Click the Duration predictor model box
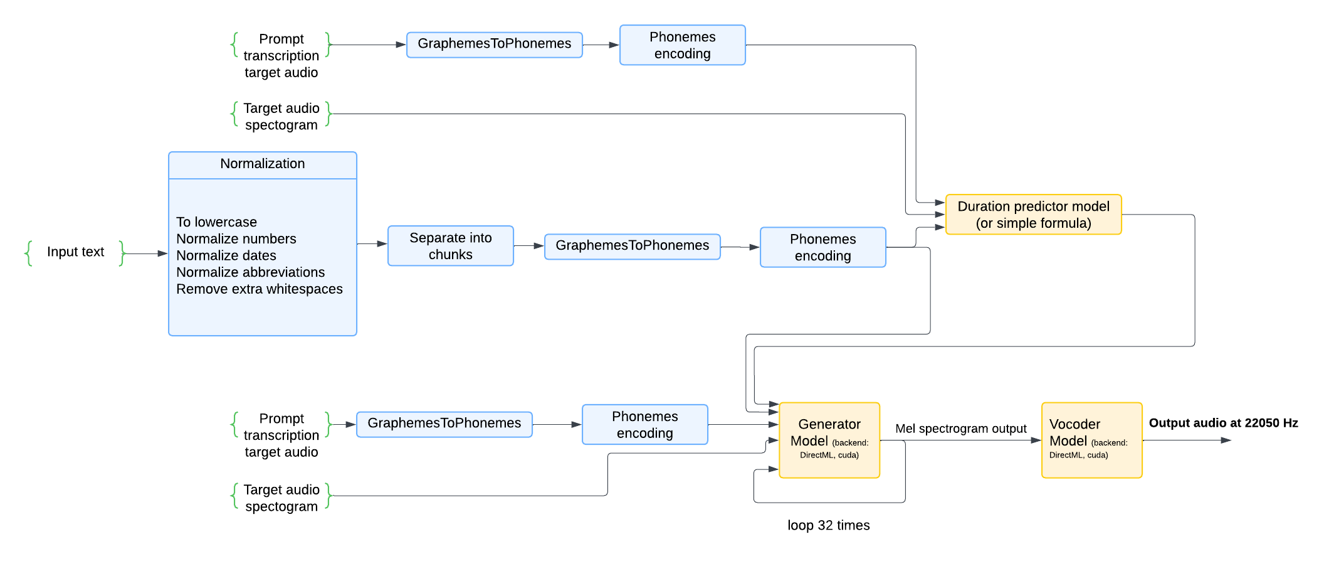[1033, 215]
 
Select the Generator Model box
[829, 439]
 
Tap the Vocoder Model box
[1091, 439]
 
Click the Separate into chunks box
[450, 246]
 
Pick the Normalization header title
[262, 164]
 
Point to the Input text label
[75, 252]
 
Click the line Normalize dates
[226, 255]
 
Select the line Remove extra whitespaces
[259, 289]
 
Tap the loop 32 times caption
[828, 525]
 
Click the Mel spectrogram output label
[960, 429]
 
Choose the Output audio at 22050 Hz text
[1223, 423]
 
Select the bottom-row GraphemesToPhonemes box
[444, 424]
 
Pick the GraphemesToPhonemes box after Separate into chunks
[632, 246]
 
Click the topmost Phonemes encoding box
[682, 45]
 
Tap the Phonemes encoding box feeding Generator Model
[644, 425]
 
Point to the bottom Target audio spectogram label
[281, 498]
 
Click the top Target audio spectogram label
[281, 117]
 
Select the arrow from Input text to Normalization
[145, 253]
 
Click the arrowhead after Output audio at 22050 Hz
[1226, 440]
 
